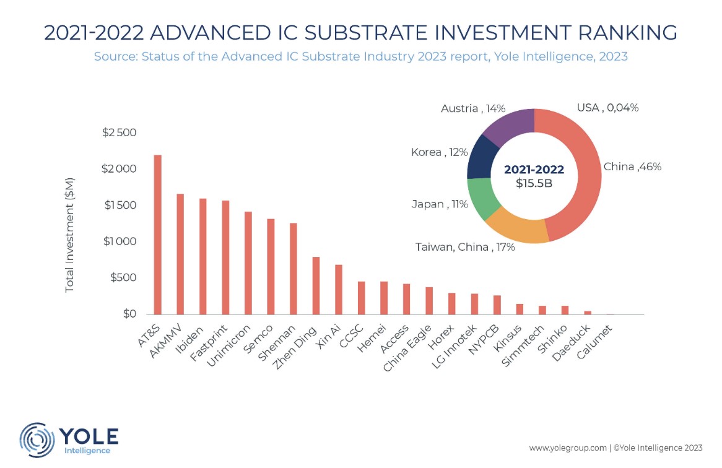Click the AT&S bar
click(157, 235)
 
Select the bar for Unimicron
click(248, 263)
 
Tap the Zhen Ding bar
click(316, 285)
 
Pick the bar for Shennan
click(294, 269)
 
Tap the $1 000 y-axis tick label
click(118, 241)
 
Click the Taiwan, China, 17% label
click(465, 248)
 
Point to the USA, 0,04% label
click(607, 108)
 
